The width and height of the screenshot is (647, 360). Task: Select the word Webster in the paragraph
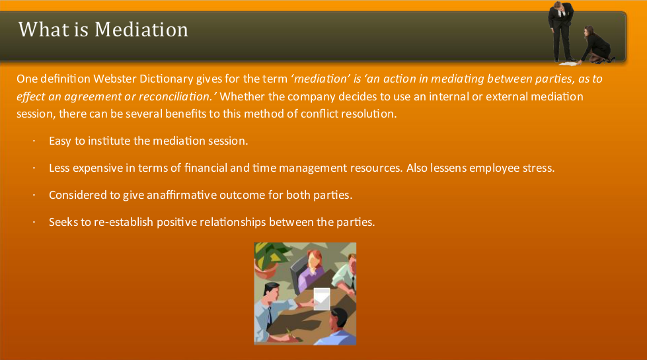pos(115,79)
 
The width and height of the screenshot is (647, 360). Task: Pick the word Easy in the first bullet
pos(59,141)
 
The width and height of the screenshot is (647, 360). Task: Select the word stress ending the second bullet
pos(538,168)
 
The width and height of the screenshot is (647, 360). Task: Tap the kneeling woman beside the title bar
pos(599,45)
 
